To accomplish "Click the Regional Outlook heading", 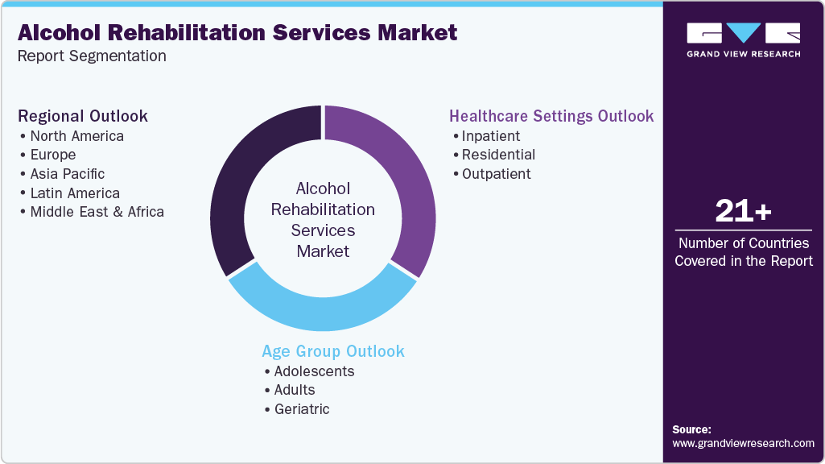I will pyautogui.click(x=83, y=116).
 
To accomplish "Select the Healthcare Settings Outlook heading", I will pyautogui.click(x=551, y=116).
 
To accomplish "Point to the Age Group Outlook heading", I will pyautogui.click(x=333, y=351).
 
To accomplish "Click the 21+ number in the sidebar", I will pyautogui.click(x=743, y=212).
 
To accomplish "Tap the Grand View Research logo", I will pyautogui.click(x=743, y=39).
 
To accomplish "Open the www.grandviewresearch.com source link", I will pyautogui.click(x=743, y=443).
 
